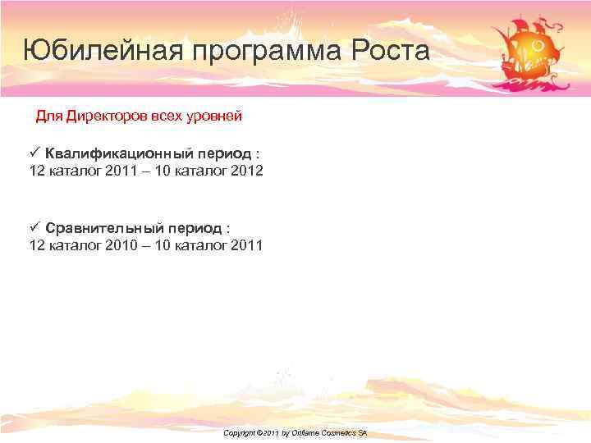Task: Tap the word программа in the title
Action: pos(268,51)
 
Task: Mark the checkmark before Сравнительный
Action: pos(34,226)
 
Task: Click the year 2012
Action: pos(247,171)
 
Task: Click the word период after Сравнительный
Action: pos(194,227)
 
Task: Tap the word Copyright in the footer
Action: pos(240,432)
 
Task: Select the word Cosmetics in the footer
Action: pos(341,432)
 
